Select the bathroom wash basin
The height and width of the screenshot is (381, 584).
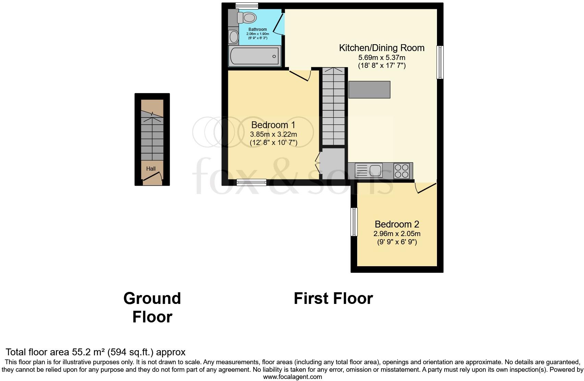[234, 37]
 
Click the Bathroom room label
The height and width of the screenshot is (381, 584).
[257, 29]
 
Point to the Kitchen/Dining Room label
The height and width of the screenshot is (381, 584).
[381, 48]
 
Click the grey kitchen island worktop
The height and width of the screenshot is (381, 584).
[369, 89]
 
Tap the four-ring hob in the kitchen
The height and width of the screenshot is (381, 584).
[402, 171]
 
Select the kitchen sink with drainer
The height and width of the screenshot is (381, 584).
[369, 170]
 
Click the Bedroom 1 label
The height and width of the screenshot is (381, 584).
[273, 125]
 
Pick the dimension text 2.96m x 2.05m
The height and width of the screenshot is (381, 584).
[397, 234]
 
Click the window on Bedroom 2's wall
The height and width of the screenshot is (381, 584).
[354, 222]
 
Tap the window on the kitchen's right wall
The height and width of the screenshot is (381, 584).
[440, 62]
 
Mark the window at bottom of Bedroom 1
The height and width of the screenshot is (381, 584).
[252, 183]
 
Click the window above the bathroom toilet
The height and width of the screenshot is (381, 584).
[247, 5]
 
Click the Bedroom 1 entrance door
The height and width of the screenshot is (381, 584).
[300, 75]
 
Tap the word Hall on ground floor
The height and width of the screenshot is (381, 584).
[151, 169]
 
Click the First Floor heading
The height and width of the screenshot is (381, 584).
[333, 298]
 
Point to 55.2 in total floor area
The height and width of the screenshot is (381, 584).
[81, 352]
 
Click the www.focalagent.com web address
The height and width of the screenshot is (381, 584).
[292, 377]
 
